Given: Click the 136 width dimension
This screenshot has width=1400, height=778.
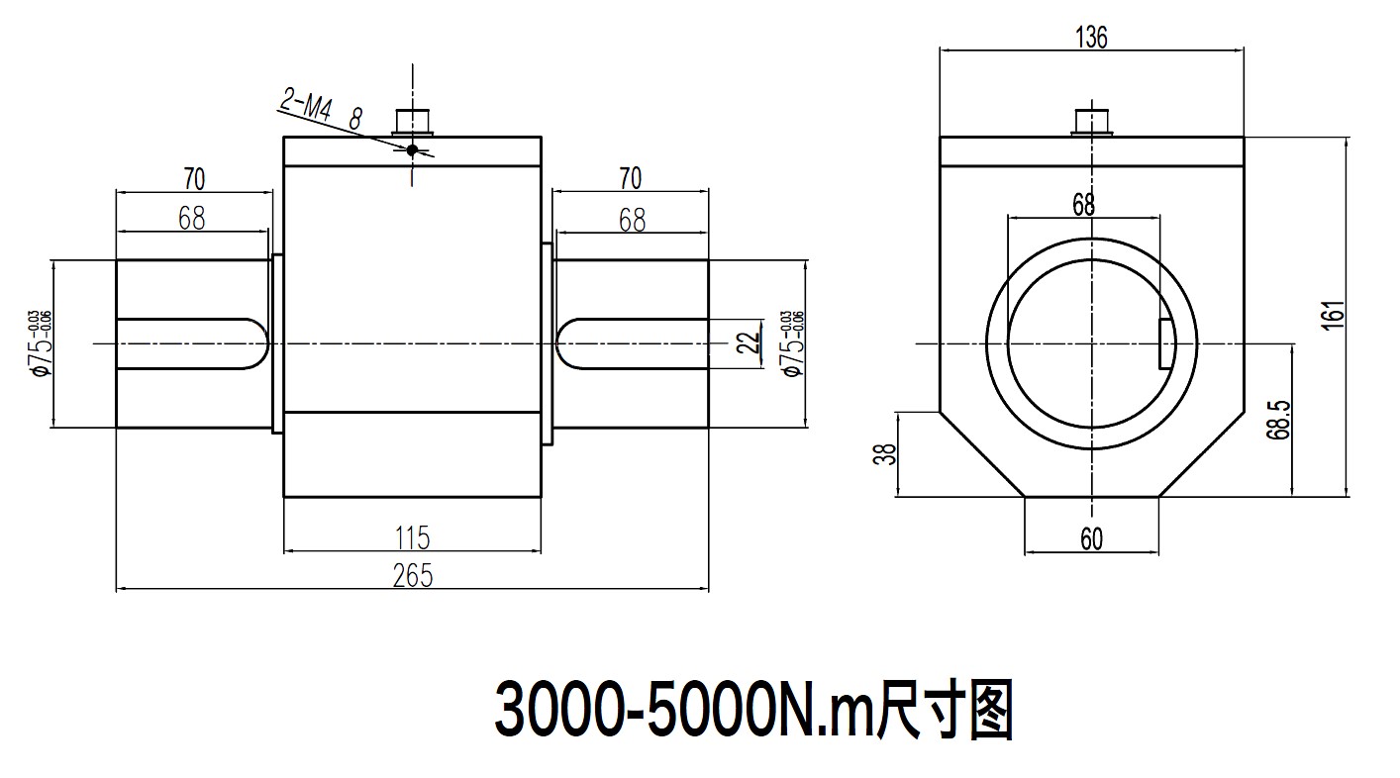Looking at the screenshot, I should tap(1090, 37).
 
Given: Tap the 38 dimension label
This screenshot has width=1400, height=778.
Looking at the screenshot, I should tap(887, 454).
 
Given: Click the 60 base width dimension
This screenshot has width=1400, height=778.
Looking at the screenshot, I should tap(1091, 538).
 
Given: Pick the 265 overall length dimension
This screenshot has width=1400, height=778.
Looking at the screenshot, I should tap(413, 575).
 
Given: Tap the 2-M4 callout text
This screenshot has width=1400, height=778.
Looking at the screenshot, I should tap(306, 102).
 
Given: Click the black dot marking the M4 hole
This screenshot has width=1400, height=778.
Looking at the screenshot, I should tap(412, 149).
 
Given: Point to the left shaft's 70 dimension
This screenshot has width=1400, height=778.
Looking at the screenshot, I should tap(193, 179).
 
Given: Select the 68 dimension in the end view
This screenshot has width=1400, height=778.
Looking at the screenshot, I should tap(1083, 204).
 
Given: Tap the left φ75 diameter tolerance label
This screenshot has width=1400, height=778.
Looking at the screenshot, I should tap(41, 343).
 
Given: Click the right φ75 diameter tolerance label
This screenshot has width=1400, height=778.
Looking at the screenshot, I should tap(791, 343).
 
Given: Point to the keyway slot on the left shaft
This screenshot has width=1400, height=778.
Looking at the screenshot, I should tap(193, 343).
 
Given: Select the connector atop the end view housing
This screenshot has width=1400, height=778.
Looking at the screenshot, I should tap(1092, 121).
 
